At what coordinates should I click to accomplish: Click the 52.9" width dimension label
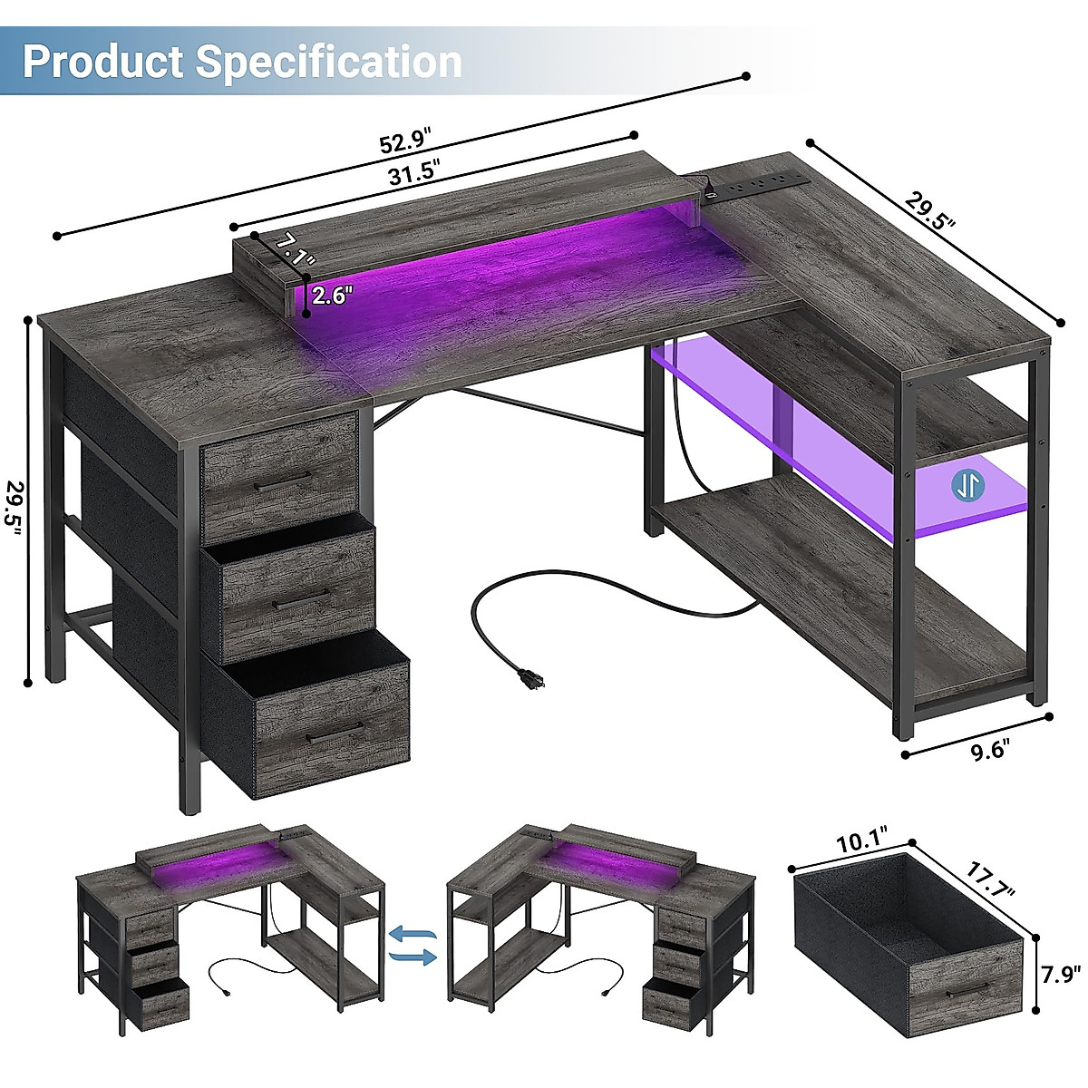[x=405, y=143]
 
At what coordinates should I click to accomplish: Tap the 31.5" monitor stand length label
[x=413, y=171]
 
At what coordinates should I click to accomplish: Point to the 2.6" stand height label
[x=332, y=295]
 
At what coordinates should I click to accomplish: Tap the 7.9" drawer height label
[x=1061, y=975]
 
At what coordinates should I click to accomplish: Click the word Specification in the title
[x=329, y=61]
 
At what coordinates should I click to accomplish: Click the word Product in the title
[x=103, y=61]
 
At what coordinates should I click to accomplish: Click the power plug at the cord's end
[x=526, y=676]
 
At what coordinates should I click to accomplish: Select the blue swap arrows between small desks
[x=413, y=944]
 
